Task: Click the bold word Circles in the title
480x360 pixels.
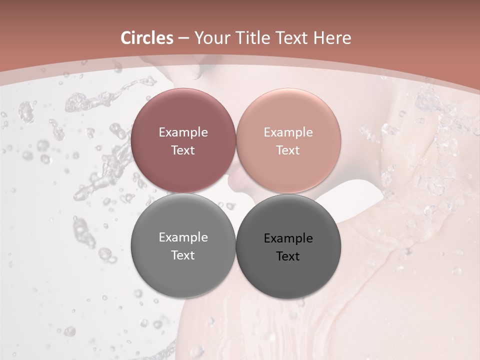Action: tap(146, 38)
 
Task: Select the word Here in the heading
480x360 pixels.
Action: tap(332, 38)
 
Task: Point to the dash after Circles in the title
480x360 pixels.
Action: tap(183, 38)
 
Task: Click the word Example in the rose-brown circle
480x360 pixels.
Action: tap(183, 132)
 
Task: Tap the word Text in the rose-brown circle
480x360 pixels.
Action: tap(183, 150)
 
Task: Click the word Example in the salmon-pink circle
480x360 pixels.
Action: tap(288, 132)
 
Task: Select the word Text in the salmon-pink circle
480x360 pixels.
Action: tap(288, 150)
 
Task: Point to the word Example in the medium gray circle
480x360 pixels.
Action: tap(183, 237)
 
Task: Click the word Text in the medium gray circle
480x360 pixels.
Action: tap(183, 255)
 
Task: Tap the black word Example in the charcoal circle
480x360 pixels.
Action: tap(288, 238)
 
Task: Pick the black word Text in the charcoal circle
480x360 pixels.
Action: tap(288, 256)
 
